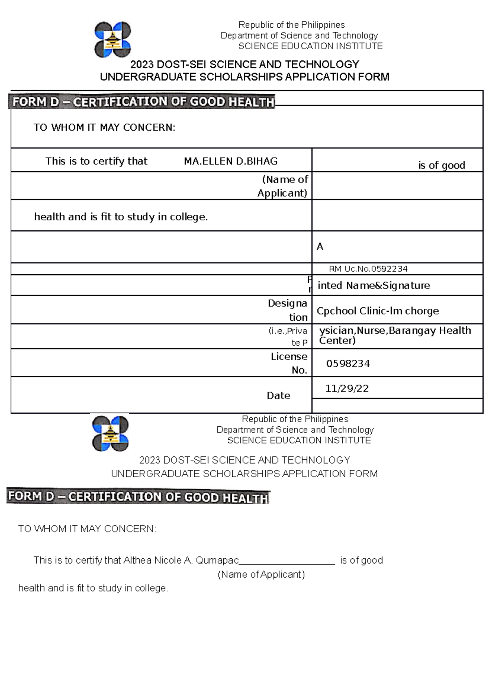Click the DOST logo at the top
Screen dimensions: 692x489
click(x=112, y=40)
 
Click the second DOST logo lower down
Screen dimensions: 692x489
click(x=110, y=433)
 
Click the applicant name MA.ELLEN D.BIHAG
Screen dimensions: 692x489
click(x=231, y=161)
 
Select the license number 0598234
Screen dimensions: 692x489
click(x=348, y=364)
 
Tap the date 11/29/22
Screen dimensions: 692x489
click(x=347, y=388)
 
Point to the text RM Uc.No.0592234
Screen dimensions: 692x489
click(x=368, y=269)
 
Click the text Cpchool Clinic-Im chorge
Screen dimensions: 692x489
click(x=377, y=311)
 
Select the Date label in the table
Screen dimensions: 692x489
click(x=278, y=395)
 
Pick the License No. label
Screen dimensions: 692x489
click(x=289, y=363)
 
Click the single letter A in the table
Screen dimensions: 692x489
click(x=320, y=247)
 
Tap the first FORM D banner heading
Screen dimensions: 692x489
click(x=143, y=101)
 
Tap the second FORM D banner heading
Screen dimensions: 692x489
click(x=139, y=497)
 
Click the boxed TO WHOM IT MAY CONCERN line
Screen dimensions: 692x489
click(x=104, y=128)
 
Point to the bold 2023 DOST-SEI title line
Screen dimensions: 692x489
click(x=244, y=64)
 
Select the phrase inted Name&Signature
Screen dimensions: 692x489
click(x=373, y=285)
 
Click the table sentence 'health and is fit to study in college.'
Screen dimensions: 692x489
click(x=121, y=217)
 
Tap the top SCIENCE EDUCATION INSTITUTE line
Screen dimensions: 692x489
click(x=310, y=46)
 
